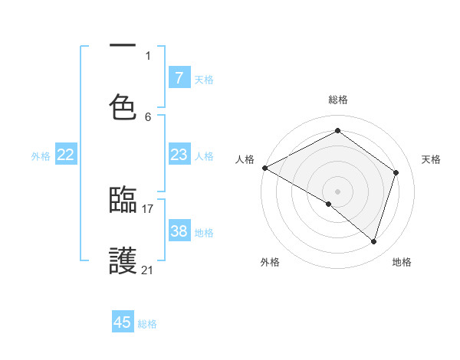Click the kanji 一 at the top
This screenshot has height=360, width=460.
pyautogui.click(x=123, y=47)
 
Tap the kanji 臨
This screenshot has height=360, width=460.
pyautogui.click(x=123, y=201)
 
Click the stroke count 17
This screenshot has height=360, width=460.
pyautogui.click(x=148, y=208)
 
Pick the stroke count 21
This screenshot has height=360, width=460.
pyautogui.click(x=148, y=270)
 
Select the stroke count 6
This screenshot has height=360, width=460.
pyautogui.click(x=148, y=116)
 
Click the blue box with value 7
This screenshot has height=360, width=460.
pyautogui.click(x=179, y=77)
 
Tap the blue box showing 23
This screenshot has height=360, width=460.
pyautogui.click(x=179, y=155)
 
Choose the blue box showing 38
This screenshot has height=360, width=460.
pyautogui.click(x=179, y=231)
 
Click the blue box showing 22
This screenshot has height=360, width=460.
pyautogui.click(x=66, y=155)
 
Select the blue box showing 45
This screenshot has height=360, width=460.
pyautogui.click(x=123, y=322)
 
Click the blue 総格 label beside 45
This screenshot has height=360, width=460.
pyautogui.click(x=147, y=324)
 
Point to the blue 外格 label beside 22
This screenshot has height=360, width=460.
pyautogui.click(x=41, y=156)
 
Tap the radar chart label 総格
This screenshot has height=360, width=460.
pyautogui.click(x=337, y=100)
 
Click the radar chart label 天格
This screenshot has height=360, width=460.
pyautogui.click(x=432, y=159)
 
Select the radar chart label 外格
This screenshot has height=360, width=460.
pyautogui.click(x=270, y=262)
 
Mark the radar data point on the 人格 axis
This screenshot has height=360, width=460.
pyautogui.click(x=264, y=168)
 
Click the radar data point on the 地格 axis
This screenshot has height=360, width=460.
pyautogui.click(x=373, y=241)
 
